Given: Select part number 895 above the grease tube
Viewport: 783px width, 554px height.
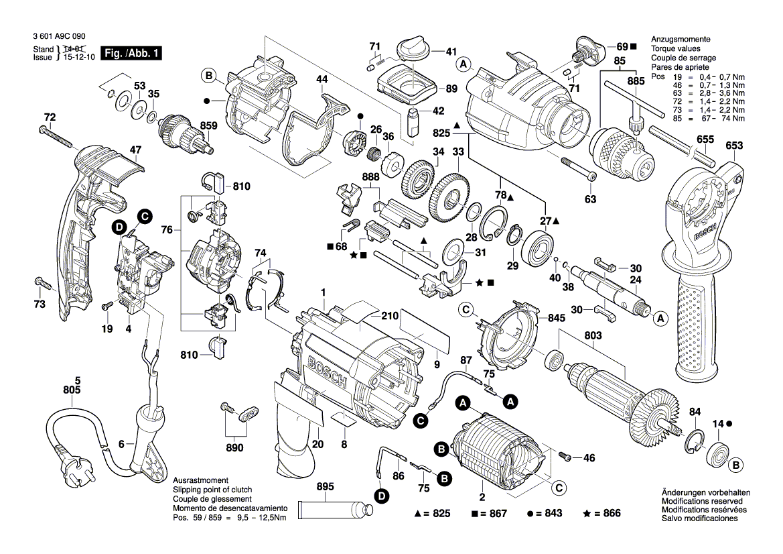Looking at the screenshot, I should (324, 488).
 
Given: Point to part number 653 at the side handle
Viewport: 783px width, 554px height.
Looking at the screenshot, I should (734, 146).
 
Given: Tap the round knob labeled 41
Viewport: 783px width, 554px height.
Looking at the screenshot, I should (408, 50).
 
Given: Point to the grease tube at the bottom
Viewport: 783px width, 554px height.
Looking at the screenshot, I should (335, 511).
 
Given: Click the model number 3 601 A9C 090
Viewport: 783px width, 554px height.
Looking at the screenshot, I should (58, 38).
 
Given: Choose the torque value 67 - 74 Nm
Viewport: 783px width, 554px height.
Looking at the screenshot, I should (719, 119).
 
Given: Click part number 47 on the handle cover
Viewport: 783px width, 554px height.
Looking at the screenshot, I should (135, 151).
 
